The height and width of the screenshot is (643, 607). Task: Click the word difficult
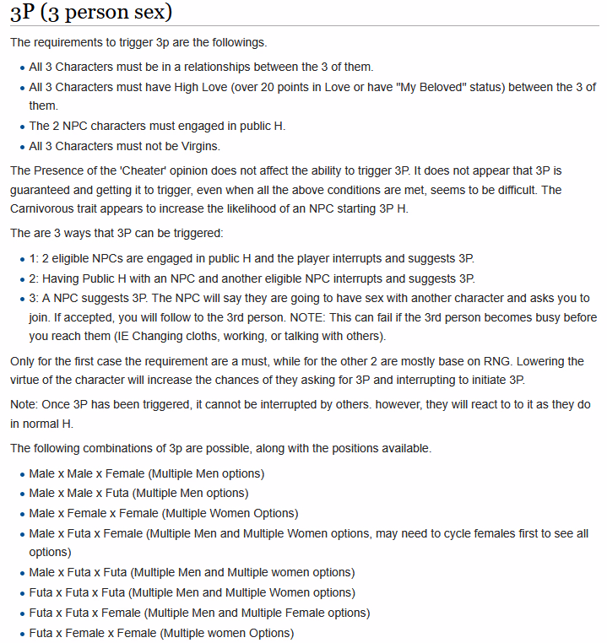tap(507, 190)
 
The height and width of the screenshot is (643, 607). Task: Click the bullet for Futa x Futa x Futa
tap(22, 593)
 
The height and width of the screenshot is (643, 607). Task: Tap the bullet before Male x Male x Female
tap(22, 474)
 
